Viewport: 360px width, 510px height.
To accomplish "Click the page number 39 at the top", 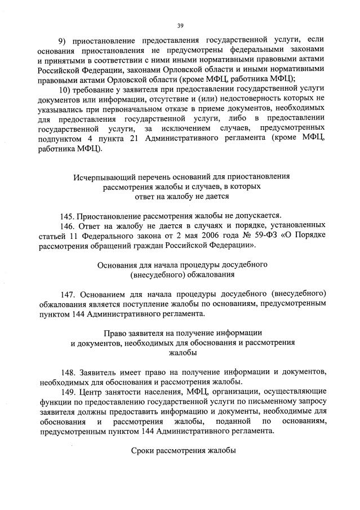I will coord(180,25).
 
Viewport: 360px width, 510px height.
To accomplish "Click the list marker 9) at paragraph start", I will coord(64,39).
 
